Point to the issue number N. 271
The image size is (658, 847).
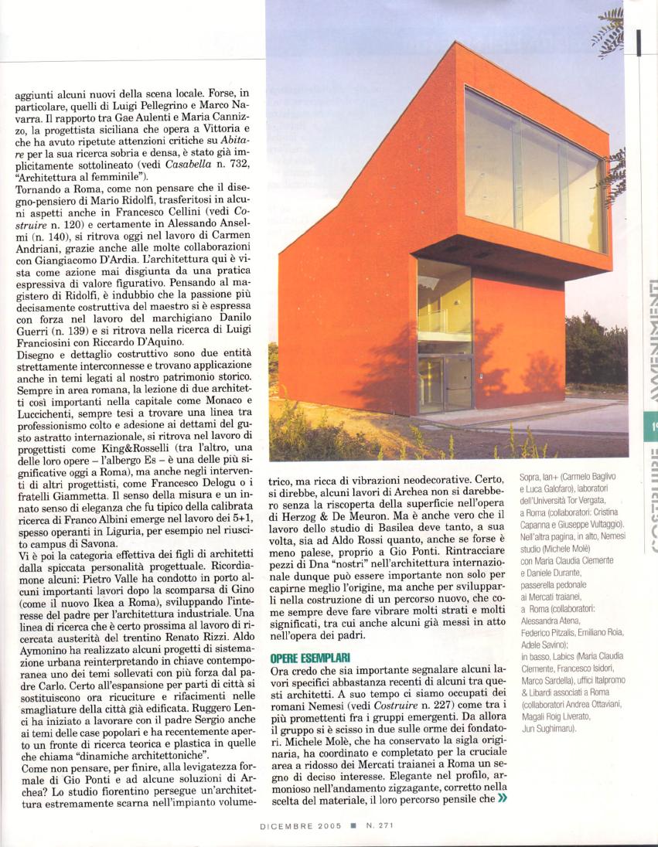pos(380,825)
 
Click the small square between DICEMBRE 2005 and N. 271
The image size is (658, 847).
pos(352,825)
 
